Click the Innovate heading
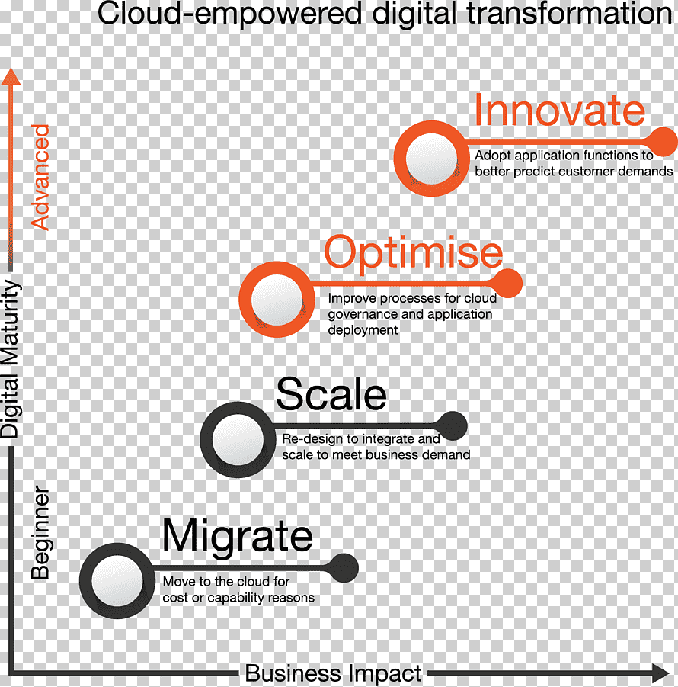tap(560, 110)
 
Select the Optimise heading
tap(414, 252)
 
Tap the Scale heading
tap(331, 394)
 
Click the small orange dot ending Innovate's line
tap(664, 142)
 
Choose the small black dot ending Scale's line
tap(453, 426)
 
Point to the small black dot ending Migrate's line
tap(344, 568)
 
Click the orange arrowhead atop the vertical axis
tap(11, 76)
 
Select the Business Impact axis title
tap(333, 673)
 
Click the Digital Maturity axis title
tap(11, 359)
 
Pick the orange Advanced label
tap(40, 178)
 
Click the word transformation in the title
tap(570, 13)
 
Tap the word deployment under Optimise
tap(363, 330)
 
